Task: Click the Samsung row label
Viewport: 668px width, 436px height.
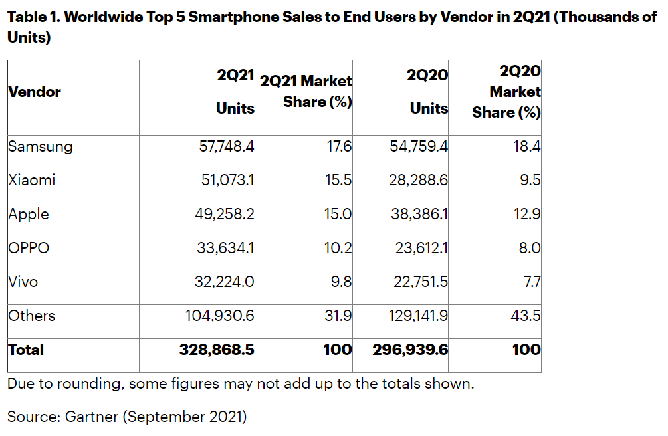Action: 40,146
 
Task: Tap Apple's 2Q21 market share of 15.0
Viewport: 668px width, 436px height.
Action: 338,214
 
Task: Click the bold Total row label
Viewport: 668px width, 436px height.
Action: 26,350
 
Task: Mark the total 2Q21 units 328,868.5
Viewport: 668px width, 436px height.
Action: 217,350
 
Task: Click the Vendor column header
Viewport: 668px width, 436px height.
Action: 35,92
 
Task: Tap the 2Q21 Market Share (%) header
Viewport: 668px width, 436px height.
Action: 306,92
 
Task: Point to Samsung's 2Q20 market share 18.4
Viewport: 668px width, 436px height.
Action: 526,146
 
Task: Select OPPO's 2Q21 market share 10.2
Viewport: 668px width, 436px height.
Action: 339,248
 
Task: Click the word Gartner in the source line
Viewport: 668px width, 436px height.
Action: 92,417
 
